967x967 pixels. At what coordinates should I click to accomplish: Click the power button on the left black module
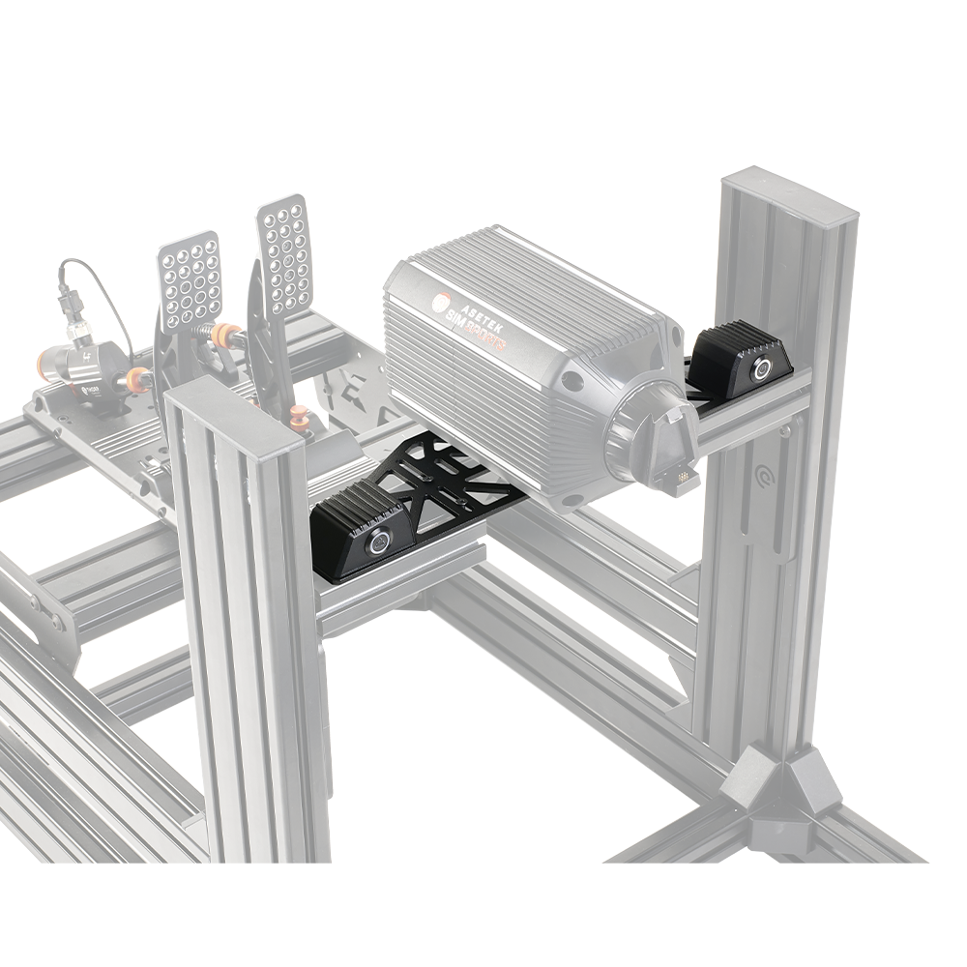coord(377,542)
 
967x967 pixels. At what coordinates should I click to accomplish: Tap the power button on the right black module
coord(762,367)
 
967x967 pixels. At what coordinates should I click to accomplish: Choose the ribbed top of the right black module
coord(735,338)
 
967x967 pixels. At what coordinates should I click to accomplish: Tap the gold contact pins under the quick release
coord(683,477)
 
